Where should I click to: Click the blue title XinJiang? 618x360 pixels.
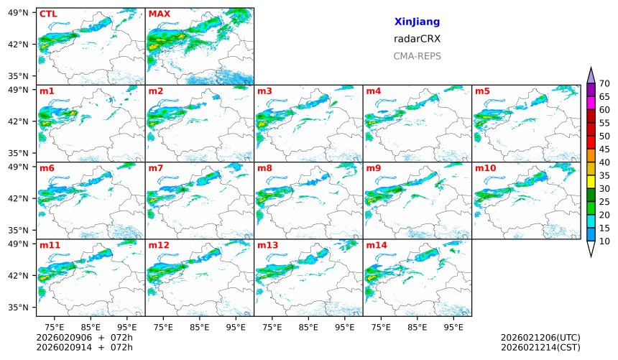point(417,22)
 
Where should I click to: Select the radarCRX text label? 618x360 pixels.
point(417,40)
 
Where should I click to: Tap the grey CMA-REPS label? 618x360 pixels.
point(417,56)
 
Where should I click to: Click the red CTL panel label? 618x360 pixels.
point(48,14)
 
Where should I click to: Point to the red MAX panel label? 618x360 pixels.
point(159,14)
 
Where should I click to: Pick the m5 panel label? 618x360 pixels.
point(481,91)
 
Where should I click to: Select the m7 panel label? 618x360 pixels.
point(156,168)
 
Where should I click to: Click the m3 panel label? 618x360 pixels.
point(264,91)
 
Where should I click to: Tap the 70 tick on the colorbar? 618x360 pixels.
point(604,84)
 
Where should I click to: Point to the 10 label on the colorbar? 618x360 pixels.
point(604,241)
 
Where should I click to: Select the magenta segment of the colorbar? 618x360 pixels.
point(591,103)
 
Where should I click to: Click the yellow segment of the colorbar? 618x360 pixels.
point(591,182)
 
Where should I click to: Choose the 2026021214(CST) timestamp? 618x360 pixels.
point(540,347)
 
